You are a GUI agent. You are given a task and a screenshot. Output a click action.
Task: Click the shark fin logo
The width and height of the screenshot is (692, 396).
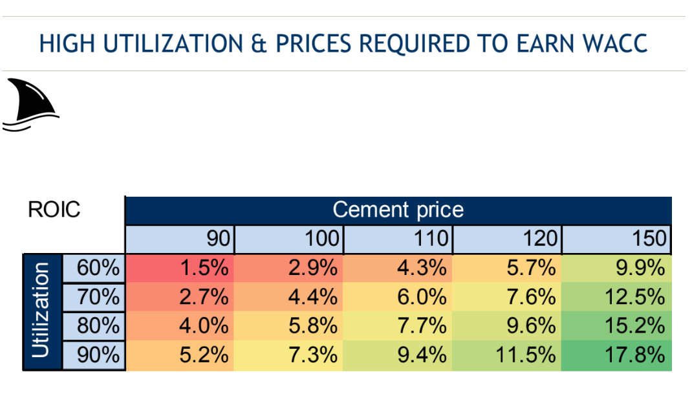pyautogui.click(x=30, y=105)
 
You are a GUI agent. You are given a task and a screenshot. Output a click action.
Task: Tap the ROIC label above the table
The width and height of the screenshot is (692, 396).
pyautogui.click(x=54, y=210)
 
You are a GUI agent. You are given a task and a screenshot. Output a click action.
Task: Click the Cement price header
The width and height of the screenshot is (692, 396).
pyautogui.click(x=398, y=210)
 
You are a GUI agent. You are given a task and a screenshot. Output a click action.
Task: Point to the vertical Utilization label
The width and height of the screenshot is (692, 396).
pyautogui.click(x=41, y=311)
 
